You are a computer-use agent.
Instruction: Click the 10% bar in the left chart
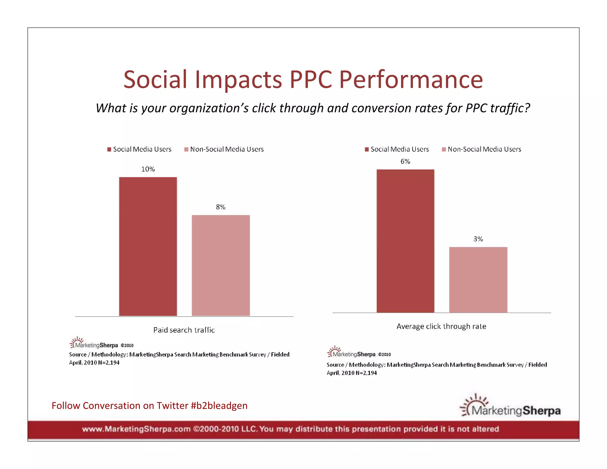point(148,246)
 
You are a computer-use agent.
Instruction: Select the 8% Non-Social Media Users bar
point(221,265)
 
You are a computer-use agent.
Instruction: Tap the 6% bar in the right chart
point(405,241)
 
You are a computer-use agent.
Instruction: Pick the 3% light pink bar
point(478,280)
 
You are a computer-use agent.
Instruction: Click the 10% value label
point(148,169)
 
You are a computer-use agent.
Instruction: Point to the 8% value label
point(221,207)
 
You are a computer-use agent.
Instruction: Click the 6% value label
point(405,161)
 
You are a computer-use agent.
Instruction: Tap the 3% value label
point(478,239)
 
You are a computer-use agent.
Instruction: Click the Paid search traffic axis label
point(184,330)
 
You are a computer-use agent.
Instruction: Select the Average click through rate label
point(441,326)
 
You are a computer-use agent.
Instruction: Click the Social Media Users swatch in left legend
point(109,149)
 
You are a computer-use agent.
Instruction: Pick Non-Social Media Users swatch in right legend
point(444,149)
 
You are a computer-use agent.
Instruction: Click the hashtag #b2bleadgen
point(219,406)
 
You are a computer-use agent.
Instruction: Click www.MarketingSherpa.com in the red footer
point(136,429)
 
